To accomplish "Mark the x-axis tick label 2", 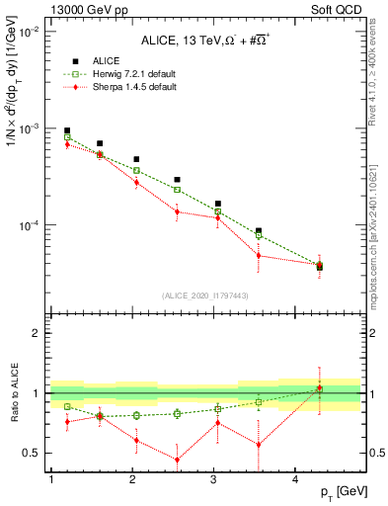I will (133, 478).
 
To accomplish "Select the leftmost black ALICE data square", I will (67, 130).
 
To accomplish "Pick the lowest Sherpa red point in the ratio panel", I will (177, 460).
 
